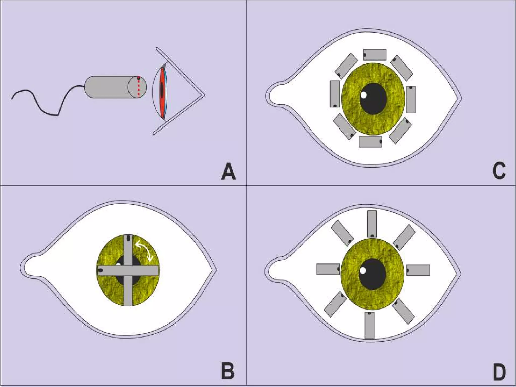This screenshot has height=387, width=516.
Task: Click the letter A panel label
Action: [229, 172]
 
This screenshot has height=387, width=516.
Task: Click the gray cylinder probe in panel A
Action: [111, 87]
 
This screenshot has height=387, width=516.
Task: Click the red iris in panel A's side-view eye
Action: [162, 92]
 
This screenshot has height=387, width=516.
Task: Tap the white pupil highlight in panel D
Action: [363, 271]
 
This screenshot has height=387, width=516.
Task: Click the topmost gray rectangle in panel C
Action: [375, 55]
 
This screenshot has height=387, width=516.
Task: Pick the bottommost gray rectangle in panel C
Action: [370, 142]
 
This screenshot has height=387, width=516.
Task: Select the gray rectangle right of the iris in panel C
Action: [411, 100]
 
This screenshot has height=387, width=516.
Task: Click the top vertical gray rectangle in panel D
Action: [372, 224]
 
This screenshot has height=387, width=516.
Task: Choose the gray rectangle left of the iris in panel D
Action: [328, 269]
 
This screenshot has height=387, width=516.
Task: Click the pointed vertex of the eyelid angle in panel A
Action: [205, 95]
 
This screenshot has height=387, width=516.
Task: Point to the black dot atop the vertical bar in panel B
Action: [128, 238]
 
